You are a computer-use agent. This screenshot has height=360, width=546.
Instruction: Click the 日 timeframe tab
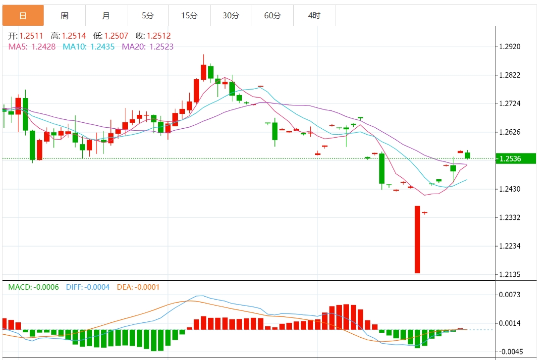(23, 15)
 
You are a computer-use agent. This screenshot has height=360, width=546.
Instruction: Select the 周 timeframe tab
(64, 15)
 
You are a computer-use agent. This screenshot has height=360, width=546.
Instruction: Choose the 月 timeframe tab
(106, 15)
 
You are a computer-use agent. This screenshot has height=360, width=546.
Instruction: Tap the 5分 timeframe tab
(148, 15)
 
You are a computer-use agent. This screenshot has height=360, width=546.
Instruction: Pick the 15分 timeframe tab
(189, 15)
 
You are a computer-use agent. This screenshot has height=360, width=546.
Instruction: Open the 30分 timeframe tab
(231, 15)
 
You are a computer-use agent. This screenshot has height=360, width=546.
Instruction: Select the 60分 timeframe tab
(273, 15)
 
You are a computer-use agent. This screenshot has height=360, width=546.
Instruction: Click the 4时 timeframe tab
(314, 15)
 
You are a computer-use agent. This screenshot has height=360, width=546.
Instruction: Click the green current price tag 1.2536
(516, 159)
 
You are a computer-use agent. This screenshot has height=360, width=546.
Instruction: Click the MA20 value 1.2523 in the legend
(161, 47)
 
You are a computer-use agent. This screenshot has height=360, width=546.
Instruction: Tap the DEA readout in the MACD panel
(138, 287)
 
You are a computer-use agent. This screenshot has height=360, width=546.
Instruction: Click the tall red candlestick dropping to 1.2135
(417, 239)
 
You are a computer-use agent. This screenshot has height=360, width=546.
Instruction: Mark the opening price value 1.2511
(31, 36)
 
